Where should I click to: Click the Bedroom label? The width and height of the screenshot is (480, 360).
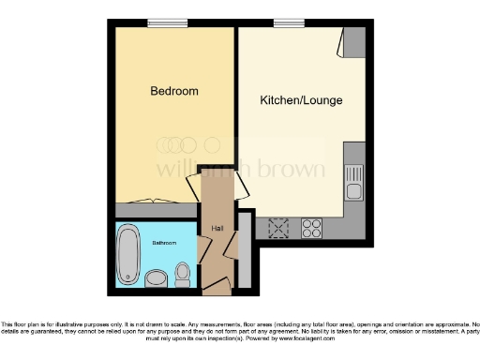point(174,91)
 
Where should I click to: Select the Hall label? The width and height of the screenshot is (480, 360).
point(217,229)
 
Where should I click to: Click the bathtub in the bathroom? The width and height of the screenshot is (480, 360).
point(127,254)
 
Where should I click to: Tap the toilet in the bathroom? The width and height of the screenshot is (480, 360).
point(183,274)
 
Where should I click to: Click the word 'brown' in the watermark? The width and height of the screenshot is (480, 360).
point(295,170)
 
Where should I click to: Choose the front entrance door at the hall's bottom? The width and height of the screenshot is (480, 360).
point(217,283)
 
